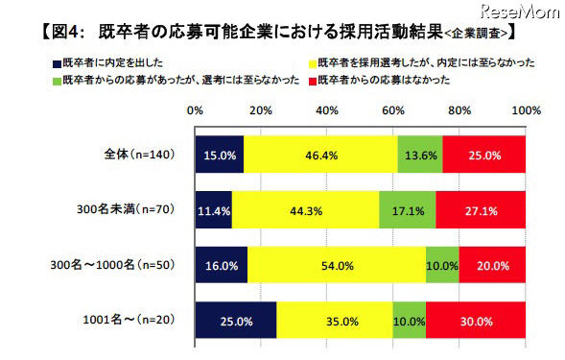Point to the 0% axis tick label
point(195,112)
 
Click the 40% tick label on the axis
point(325,112)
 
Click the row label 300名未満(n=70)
point(135,208)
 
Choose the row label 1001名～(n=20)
point(137,318)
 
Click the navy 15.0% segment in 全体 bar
point(219,154)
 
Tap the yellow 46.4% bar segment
point(320,154)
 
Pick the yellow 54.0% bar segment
point(338,263)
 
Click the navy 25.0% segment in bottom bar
point(236,318)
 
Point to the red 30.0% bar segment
point(477,318)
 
